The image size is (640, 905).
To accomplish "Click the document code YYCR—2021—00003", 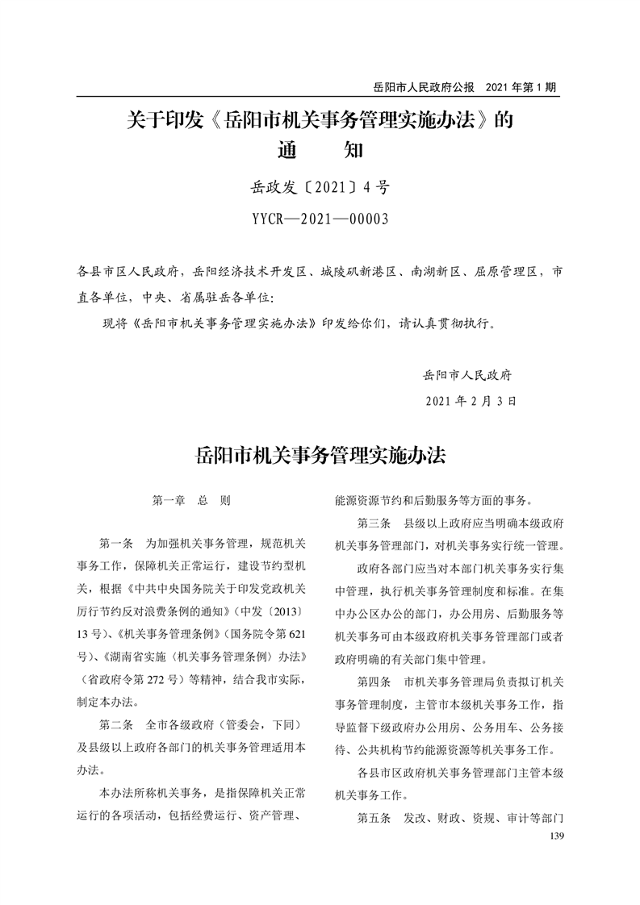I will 320,218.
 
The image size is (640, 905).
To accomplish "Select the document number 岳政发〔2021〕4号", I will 320,189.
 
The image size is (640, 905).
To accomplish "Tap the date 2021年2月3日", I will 470,400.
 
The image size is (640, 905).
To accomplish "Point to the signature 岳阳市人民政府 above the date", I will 473,375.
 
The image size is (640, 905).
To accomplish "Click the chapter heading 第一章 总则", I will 191,500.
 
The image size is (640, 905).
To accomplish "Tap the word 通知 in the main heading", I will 320,150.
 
